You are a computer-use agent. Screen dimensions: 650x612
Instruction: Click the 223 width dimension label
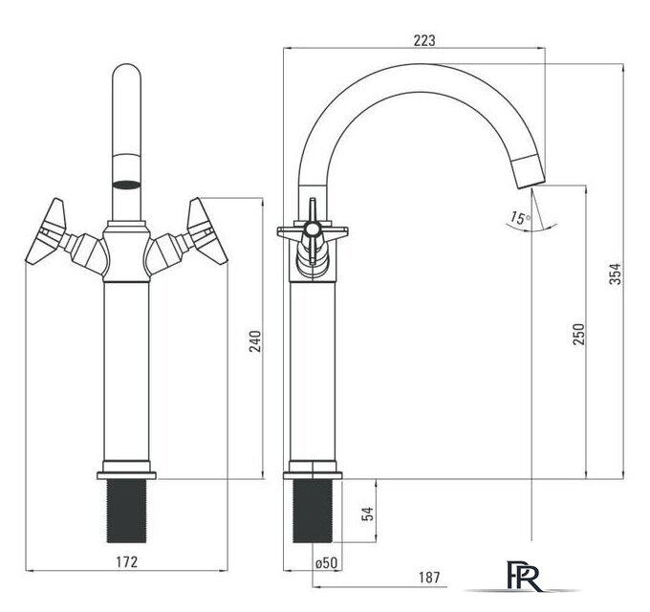click(x=424, y=40)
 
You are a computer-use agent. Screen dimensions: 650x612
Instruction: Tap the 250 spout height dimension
click(x=578, y=334)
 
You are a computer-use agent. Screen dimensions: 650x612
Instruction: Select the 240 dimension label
click(x=255, y=340)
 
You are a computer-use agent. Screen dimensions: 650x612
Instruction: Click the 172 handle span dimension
click(x=126, y=562)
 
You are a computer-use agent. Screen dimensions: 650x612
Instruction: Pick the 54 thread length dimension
click(x=368, y=514)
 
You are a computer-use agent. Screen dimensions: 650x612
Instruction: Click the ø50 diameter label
click(x=326, y=562)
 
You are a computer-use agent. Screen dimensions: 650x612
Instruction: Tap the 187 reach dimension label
click(x=429, y=578)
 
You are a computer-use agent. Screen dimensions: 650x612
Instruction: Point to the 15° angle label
click(x=520, y=217)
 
